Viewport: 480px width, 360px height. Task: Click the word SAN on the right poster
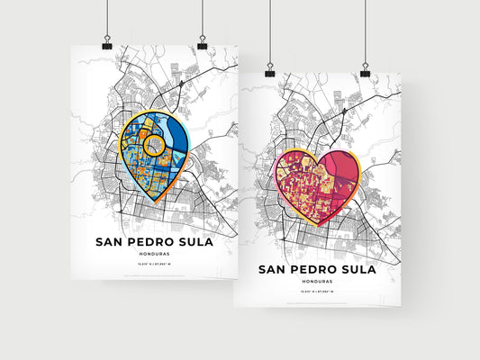click(275, 269)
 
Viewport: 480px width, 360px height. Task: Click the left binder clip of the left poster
click(107, 43)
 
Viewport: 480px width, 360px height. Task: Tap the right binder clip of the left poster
click(203, 43)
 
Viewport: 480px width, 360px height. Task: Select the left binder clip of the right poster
click(269, 69)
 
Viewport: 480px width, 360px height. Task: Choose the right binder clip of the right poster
click(365, 70)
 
